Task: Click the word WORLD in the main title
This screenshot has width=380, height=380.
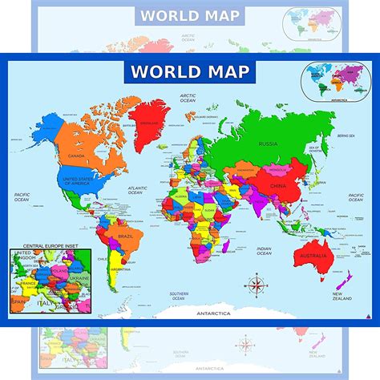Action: pyautogui.click(x=156, y=71)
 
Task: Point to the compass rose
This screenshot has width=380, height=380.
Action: pyautogui.click(x=257, y=284)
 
